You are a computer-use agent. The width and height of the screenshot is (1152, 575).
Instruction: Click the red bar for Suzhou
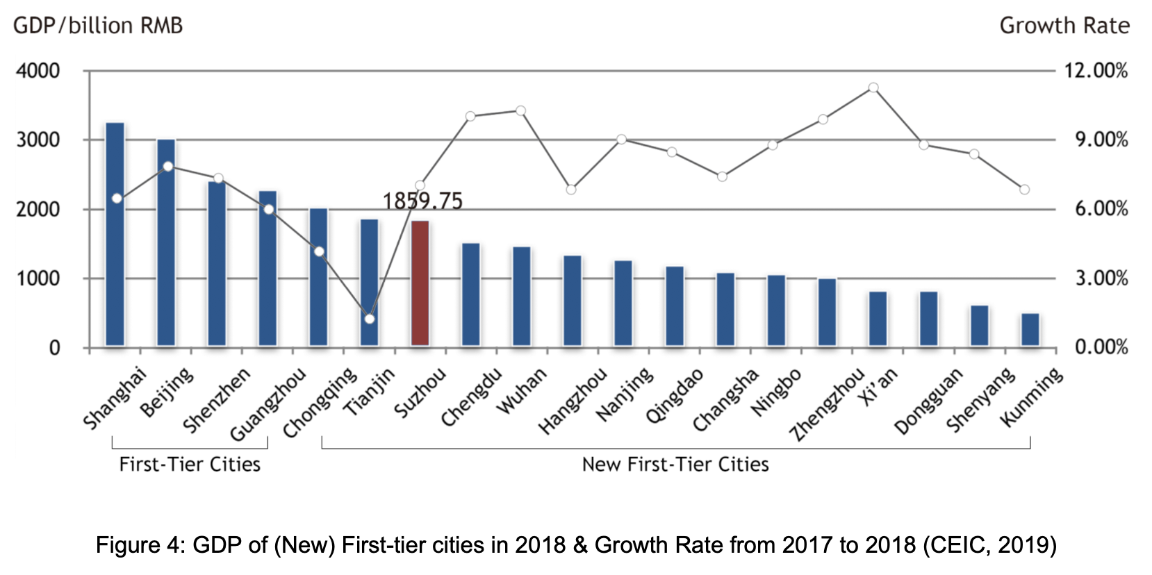(420, 283)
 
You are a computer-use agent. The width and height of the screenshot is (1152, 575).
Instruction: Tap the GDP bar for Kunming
(1030, 330)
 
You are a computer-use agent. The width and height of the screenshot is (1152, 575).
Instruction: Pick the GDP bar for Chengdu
(471, 294)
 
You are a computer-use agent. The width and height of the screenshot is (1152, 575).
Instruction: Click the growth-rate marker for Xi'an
(873, 87)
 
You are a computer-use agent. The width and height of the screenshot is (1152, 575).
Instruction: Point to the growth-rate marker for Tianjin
(370, 319)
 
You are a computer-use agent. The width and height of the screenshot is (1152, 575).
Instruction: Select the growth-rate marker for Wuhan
(521, 110)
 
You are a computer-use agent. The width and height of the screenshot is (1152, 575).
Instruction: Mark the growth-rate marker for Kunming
(1024, 190)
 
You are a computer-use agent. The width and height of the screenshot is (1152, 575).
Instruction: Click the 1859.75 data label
(422, 201)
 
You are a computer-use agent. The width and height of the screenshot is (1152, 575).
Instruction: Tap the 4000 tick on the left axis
(38, 71)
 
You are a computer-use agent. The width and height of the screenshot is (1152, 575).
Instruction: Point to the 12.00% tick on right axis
(1096, 71)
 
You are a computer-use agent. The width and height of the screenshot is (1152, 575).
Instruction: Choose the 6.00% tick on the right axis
(1101, 209)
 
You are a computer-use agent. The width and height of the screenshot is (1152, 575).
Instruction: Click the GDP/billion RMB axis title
(98, 26)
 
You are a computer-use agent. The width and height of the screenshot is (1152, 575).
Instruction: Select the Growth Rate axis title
(1064, 26)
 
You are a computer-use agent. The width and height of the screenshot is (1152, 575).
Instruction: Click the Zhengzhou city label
(827, 405)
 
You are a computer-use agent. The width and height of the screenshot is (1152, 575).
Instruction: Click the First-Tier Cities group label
(190, 464)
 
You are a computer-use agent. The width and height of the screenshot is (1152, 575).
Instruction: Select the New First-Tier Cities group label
(675, 464)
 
